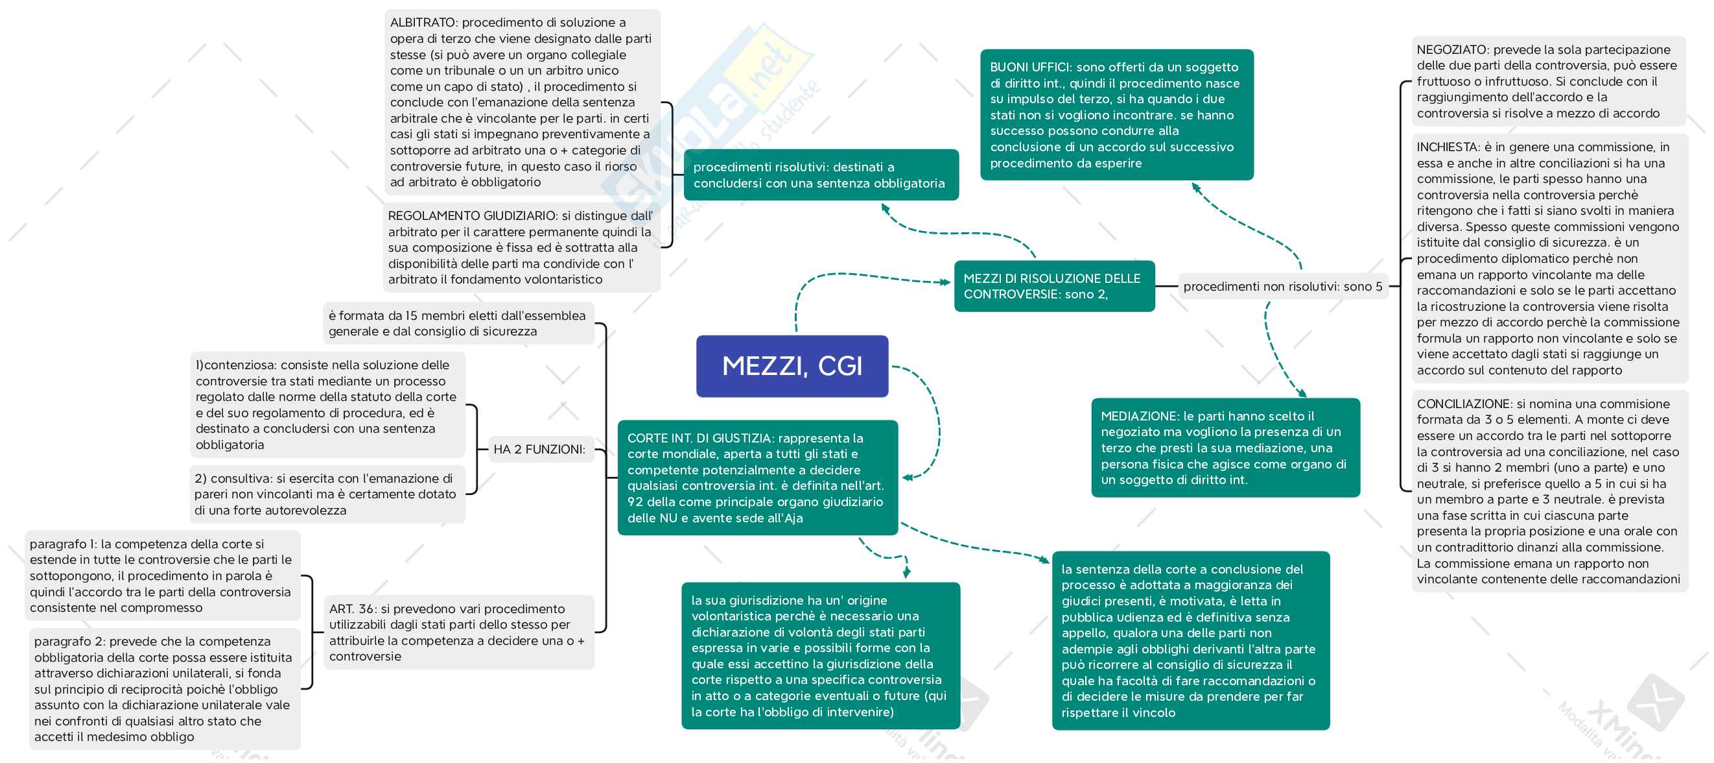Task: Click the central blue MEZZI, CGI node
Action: coord(792,366)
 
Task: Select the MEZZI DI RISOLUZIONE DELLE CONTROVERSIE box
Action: coord(1054,286)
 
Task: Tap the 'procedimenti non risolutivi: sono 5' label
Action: coord(1282,287)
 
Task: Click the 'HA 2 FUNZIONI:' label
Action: coord(539,450)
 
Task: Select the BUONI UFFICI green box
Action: coord(1116,115)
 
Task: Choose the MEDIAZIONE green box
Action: coord(1225,448)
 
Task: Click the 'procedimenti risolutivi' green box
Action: coord(821,175)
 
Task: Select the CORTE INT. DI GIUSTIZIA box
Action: coord(757,478)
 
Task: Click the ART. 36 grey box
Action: coord(458,632)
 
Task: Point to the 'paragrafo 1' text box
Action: coord(161,576)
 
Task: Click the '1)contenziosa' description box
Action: coord(327,405)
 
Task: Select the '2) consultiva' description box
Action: coord(327,494)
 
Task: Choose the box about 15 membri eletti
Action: coord(458,324)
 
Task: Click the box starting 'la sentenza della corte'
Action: coord(1190,640)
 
